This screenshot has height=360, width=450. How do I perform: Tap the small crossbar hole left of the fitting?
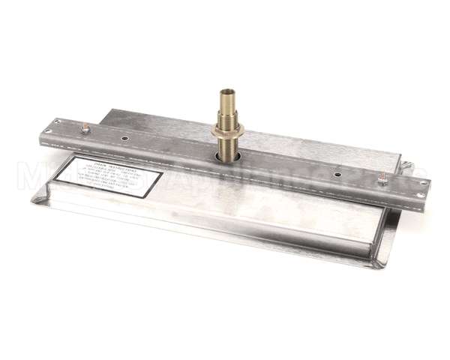click(x=123, y=140)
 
